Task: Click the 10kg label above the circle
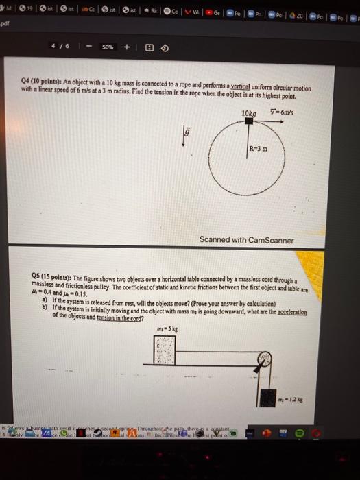[x=248, y=112]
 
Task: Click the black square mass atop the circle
[x=249, y=121]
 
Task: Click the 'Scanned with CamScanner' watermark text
[x=245, y=240]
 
